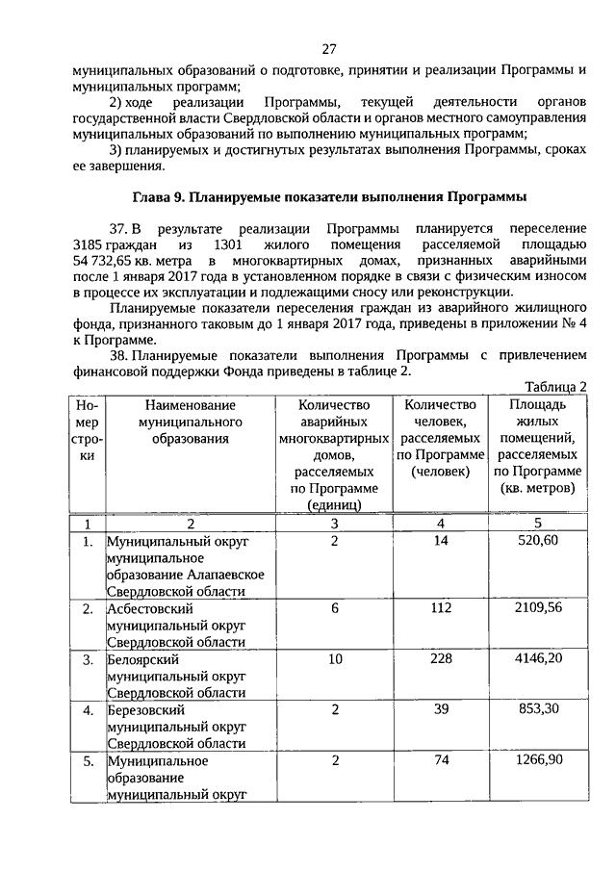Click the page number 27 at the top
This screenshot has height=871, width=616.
(328, 49)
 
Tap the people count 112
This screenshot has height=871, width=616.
(442, 608)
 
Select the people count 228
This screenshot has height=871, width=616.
(442, 659)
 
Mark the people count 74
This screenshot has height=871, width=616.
(442, 760)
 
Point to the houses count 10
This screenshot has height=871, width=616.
(334, 659)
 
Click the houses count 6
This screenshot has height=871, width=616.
(334, 608)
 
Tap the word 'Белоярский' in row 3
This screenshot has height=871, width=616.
(144, 660)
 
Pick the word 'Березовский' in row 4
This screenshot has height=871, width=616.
(146, 710)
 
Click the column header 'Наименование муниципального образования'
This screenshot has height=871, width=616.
(189, 423)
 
